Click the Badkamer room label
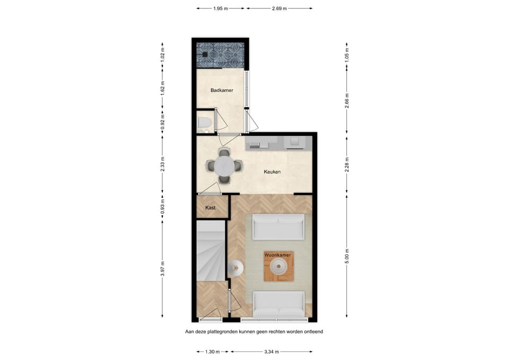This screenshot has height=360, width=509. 222,91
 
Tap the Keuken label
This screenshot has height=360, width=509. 272,172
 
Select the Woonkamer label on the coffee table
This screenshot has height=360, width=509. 278,255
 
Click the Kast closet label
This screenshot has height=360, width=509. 210,208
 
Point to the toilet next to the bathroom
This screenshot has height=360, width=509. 204,124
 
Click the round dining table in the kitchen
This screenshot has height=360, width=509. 224,166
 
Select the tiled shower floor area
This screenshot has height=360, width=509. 220,55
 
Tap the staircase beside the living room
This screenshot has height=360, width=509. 210,252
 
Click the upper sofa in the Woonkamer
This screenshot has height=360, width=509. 278,227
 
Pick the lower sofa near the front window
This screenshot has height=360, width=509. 278,303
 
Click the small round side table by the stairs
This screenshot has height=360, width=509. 235,269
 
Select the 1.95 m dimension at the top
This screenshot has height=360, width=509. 221,8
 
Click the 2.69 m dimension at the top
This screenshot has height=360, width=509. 279,8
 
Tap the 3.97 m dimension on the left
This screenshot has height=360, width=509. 163,269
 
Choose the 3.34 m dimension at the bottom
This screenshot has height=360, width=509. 271,351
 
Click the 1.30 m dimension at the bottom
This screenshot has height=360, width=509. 213,351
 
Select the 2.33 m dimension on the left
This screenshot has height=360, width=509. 163,163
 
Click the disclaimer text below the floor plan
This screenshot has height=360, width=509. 254,331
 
